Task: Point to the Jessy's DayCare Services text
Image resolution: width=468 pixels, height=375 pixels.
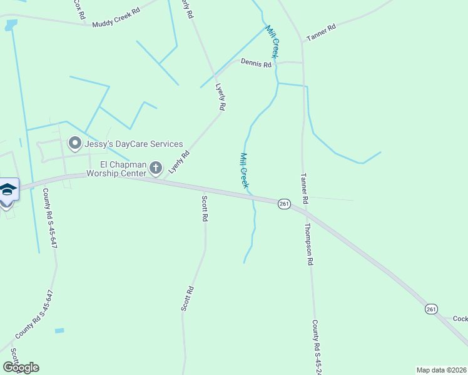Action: click(134, 144)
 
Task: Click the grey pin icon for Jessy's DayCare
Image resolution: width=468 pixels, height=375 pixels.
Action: click(75, 144)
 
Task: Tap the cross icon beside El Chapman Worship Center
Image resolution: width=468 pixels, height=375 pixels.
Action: click(156, 167)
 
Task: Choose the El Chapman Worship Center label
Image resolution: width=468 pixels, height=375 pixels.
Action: click(118, 168)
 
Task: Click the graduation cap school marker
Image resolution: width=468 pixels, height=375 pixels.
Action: click(8, 189)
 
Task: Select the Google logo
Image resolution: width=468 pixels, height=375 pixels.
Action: click(21, 367)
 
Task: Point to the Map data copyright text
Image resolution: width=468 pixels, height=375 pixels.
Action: click(441, 370)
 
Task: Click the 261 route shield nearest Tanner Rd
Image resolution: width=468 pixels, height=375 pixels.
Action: click(285, 204)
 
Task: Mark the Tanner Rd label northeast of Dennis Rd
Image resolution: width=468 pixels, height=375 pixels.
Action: click(321, 32)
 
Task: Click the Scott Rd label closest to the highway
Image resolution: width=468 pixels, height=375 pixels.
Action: click(205, 209)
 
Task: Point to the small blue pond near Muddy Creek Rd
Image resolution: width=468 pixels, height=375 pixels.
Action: click(9, 25)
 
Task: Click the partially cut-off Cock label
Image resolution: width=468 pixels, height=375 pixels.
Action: click(460, 319)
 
